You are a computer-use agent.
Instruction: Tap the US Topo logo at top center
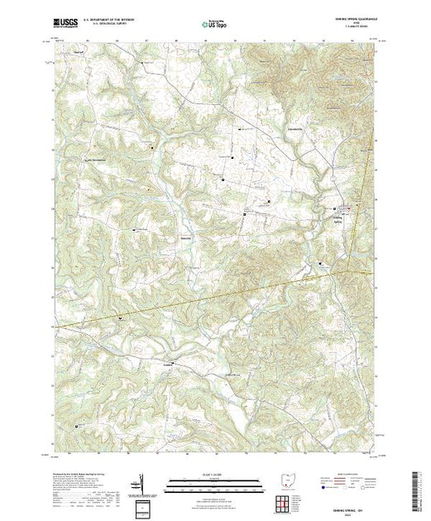click(x=215, y=24)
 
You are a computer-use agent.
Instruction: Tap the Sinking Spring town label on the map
click(x=338, y=218)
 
